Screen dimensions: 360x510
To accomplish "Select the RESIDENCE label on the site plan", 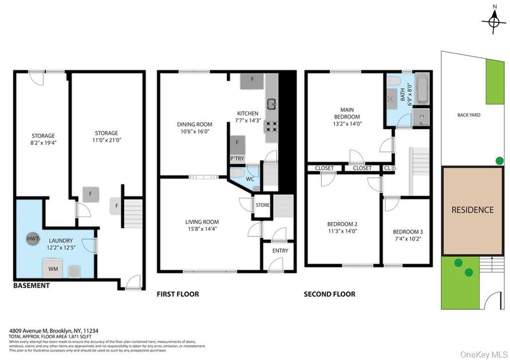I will pos(472,210).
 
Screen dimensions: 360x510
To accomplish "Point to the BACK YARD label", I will pos(469,115).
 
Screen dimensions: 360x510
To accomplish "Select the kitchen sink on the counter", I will pos(272,104).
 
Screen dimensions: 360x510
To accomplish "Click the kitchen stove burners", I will pos(271,126).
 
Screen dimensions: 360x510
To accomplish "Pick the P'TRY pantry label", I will pos(237,159).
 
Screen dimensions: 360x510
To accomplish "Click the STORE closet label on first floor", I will pos(262,205).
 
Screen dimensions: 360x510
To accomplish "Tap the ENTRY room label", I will pos(280,250).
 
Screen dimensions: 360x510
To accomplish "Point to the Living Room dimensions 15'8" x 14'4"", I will pos(202,229).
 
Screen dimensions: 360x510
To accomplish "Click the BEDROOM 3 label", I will pos(408,232).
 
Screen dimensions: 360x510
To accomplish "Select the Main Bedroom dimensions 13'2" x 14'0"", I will pos(347,124).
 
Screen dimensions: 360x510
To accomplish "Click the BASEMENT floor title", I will pos(31,286).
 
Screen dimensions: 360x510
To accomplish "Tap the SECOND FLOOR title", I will pos(330,294).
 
